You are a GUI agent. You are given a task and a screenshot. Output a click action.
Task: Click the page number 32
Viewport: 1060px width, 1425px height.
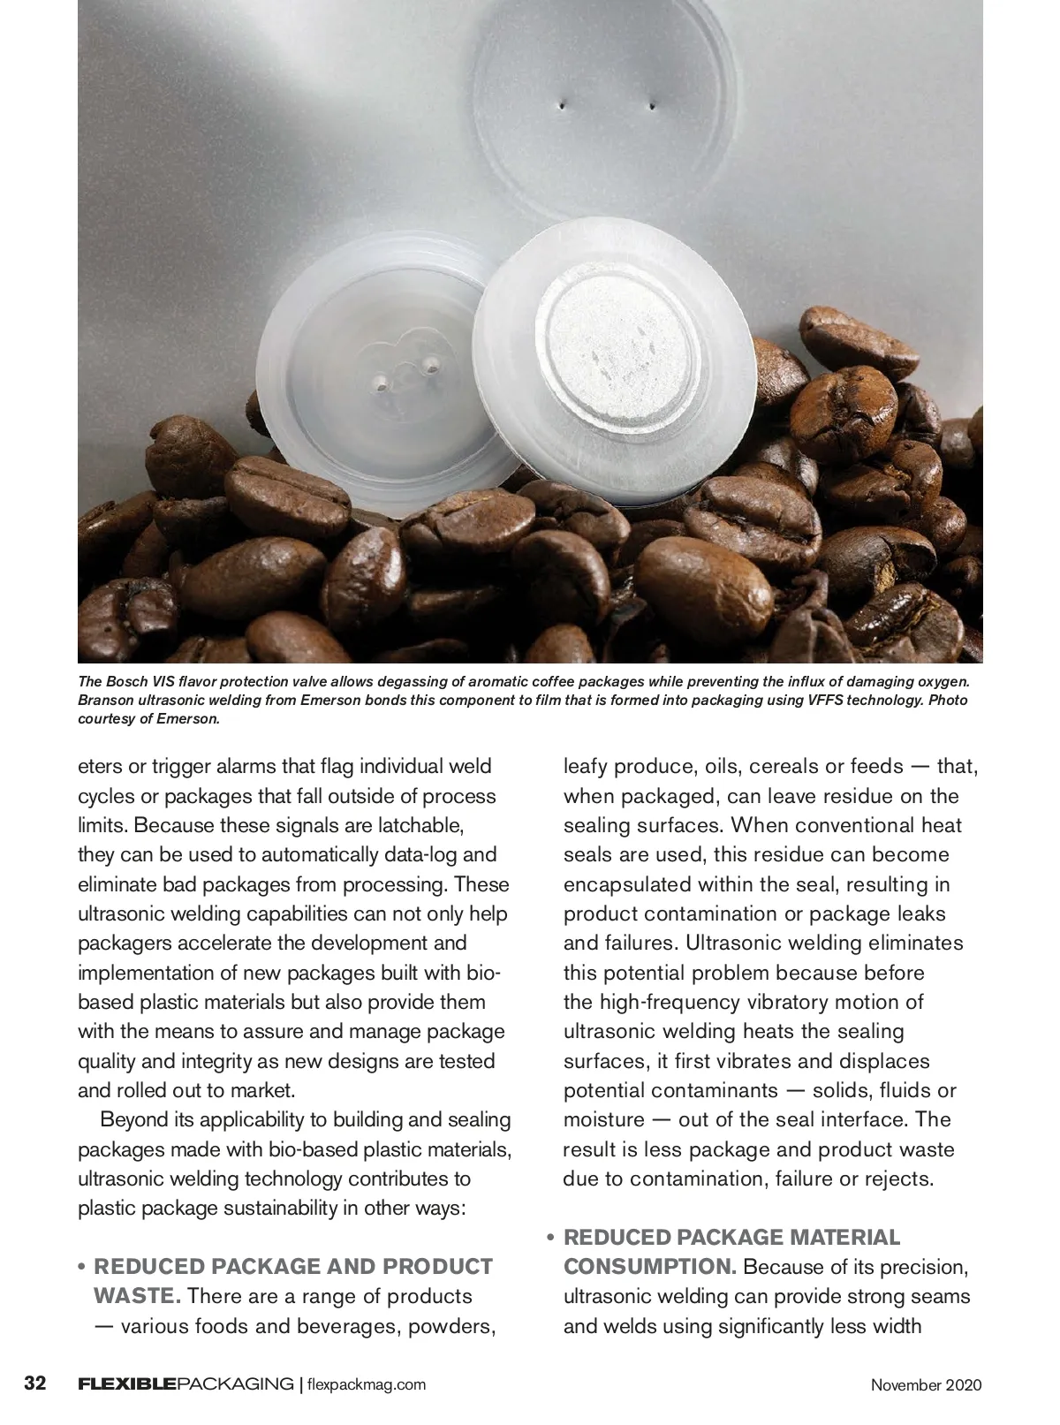(34, 1383)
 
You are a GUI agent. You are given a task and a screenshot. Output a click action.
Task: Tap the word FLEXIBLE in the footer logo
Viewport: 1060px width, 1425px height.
(126, 1383)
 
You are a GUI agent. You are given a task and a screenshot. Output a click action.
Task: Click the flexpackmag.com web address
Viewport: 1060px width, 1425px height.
(367, 1384)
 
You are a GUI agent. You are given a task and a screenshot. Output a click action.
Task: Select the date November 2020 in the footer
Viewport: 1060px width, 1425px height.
(926, 1384)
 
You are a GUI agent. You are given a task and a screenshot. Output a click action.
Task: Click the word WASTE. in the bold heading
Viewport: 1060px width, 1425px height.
(137, 1297)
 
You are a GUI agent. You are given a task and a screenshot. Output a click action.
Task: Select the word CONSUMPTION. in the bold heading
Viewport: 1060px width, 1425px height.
(649, 1267)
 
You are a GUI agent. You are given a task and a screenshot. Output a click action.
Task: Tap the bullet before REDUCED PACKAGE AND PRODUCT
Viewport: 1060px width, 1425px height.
(82, 1268)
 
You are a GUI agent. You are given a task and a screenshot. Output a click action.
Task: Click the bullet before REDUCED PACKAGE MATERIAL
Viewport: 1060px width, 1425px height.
(550, 1238)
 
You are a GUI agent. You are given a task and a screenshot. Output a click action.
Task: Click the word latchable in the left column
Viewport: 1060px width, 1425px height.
(413, 826)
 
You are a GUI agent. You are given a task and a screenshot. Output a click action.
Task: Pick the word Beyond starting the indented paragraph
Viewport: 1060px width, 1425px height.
(133, 1120)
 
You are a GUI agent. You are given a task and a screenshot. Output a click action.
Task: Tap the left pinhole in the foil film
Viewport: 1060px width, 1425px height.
(562, 107)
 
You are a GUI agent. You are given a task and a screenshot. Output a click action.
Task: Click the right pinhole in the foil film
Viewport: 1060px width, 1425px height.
(652, 108)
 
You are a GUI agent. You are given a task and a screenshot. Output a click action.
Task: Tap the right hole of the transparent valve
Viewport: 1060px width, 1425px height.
(432, 364)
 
